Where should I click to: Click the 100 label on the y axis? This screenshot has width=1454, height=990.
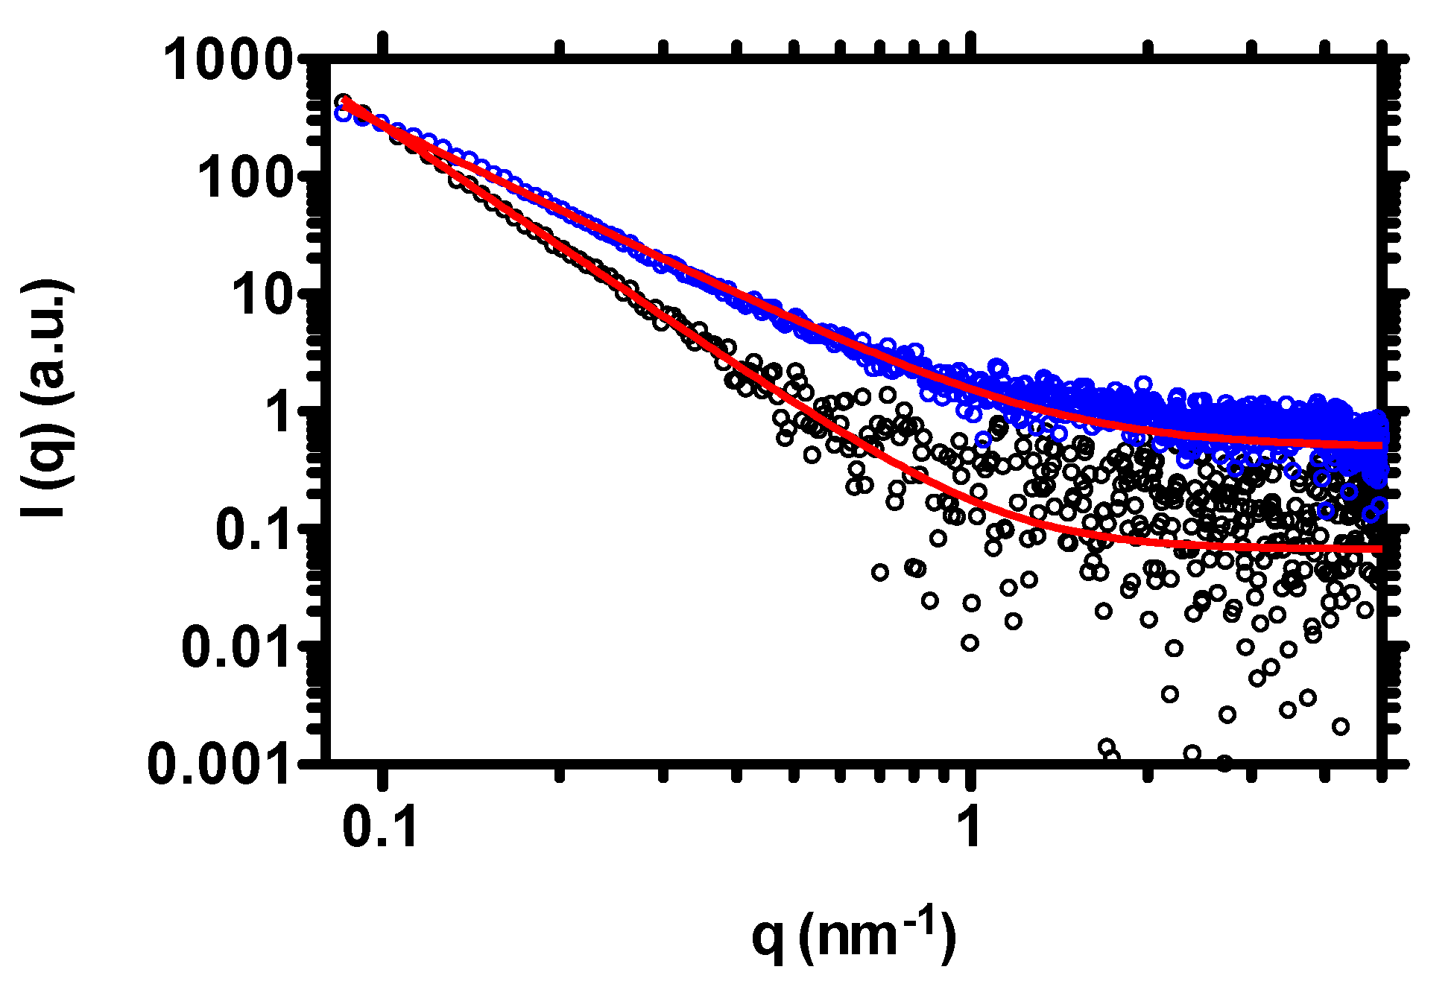(x=244, y=178)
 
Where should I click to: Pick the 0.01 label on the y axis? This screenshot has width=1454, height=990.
(x=236, y=647)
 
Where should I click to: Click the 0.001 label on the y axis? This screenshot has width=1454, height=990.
(x=218, y=764)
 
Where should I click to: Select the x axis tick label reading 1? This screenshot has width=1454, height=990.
(x=970, y=828)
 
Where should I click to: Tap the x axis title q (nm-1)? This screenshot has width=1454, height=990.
(x=853, y=936)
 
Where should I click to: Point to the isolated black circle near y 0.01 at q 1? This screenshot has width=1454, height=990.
(x=970, y=643)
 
